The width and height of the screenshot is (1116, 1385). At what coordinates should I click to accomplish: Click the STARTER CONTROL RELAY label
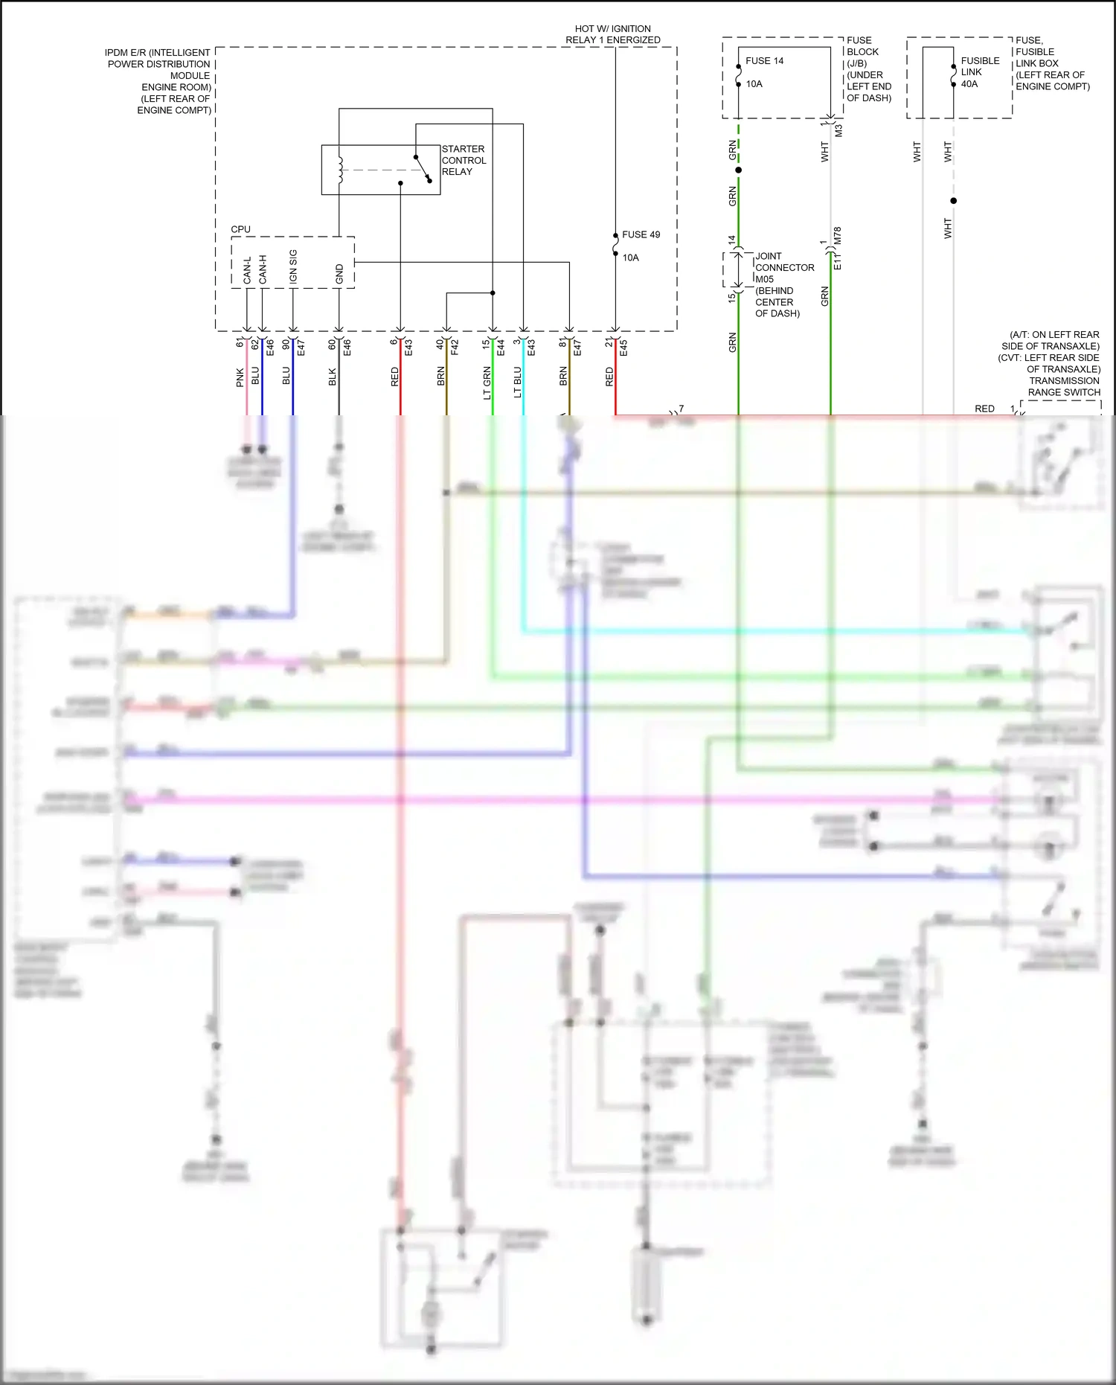(464, 160)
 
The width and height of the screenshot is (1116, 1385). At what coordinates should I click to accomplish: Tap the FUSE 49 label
(641, 234)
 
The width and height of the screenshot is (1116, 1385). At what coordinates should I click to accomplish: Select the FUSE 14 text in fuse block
(764, 61)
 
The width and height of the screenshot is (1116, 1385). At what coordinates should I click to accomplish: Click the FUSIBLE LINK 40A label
(979, 72)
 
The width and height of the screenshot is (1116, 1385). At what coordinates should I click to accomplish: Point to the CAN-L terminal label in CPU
(248, 269)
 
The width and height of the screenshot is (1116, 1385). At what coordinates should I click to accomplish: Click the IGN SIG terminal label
(293, 266)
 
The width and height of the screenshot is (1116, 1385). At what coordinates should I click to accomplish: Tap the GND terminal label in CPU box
(339, 273)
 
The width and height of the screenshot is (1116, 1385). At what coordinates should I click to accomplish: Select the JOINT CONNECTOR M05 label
(784, 268)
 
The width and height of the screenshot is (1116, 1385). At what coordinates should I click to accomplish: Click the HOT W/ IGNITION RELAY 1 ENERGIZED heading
(612, 34)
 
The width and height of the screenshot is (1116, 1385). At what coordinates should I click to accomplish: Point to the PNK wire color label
(240, 377)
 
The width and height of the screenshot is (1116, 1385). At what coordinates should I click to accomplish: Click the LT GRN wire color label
(487, 383)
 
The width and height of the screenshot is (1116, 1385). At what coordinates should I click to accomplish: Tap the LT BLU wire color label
(518, 383)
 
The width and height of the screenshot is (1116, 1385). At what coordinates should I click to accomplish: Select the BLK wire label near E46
(333, 377)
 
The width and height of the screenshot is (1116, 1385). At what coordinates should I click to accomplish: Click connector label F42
(455, 347)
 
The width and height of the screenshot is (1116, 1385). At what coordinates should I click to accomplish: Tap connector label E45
(623, 347)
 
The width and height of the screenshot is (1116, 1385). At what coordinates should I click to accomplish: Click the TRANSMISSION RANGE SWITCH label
(1064, 386)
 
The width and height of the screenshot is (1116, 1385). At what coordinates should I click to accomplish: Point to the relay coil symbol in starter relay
(341, 170)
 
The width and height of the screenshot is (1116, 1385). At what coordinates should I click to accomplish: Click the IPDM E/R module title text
(158, 81)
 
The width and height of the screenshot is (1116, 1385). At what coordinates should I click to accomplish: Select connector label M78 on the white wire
(838, 236)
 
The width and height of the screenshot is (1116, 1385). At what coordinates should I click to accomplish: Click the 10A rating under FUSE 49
(630, 258)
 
